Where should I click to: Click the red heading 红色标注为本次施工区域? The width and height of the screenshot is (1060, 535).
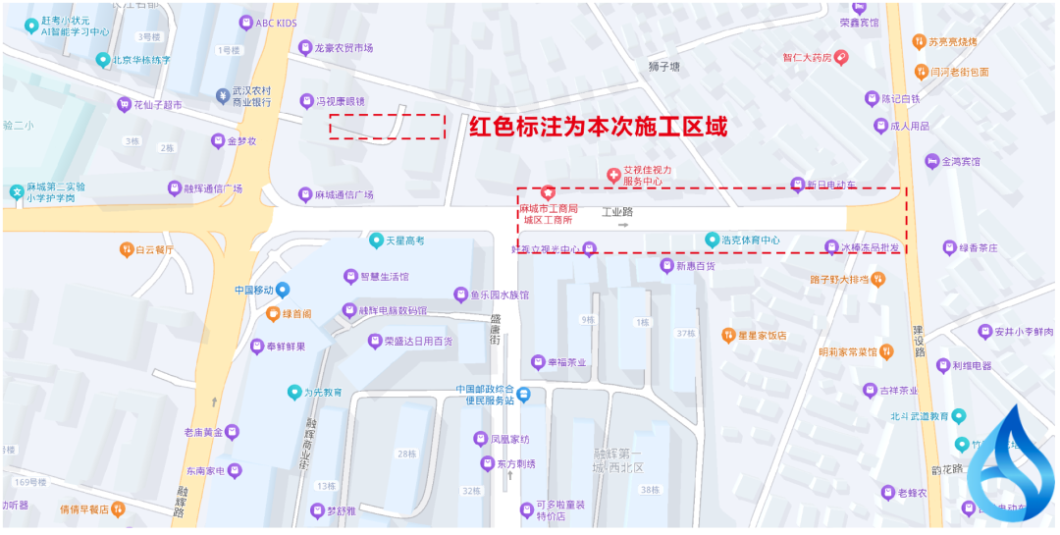pos(598,127)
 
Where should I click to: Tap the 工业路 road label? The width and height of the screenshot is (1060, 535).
pos(617,211)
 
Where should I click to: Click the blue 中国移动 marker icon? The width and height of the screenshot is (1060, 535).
pos(283,290)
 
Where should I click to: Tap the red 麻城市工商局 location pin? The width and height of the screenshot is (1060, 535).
pos(549,191)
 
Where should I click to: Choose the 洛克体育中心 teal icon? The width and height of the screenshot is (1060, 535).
pos(713,240)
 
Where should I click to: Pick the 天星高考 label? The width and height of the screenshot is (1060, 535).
pos(404,241)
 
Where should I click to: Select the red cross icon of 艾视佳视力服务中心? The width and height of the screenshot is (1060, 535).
pos(614,176)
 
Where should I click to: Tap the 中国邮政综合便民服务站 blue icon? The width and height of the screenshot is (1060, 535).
pos(525,395)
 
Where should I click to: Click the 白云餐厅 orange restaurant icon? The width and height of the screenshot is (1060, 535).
pos(127,249)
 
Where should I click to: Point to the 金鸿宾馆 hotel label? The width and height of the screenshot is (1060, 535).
pos(960,161)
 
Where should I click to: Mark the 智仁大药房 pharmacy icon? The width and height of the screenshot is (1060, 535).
pos(842,58)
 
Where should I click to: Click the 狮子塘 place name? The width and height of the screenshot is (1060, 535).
pos(664,67)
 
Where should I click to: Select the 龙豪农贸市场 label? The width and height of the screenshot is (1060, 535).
pos(343,47)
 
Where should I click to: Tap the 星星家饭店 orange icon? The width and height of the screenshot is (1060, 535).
pos(728,335)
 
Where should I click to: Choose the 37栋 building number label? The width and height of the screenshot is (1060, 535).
pos(686,334)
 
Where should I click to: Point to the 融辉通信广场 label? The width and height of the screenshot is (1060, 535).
pos(212,188)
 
